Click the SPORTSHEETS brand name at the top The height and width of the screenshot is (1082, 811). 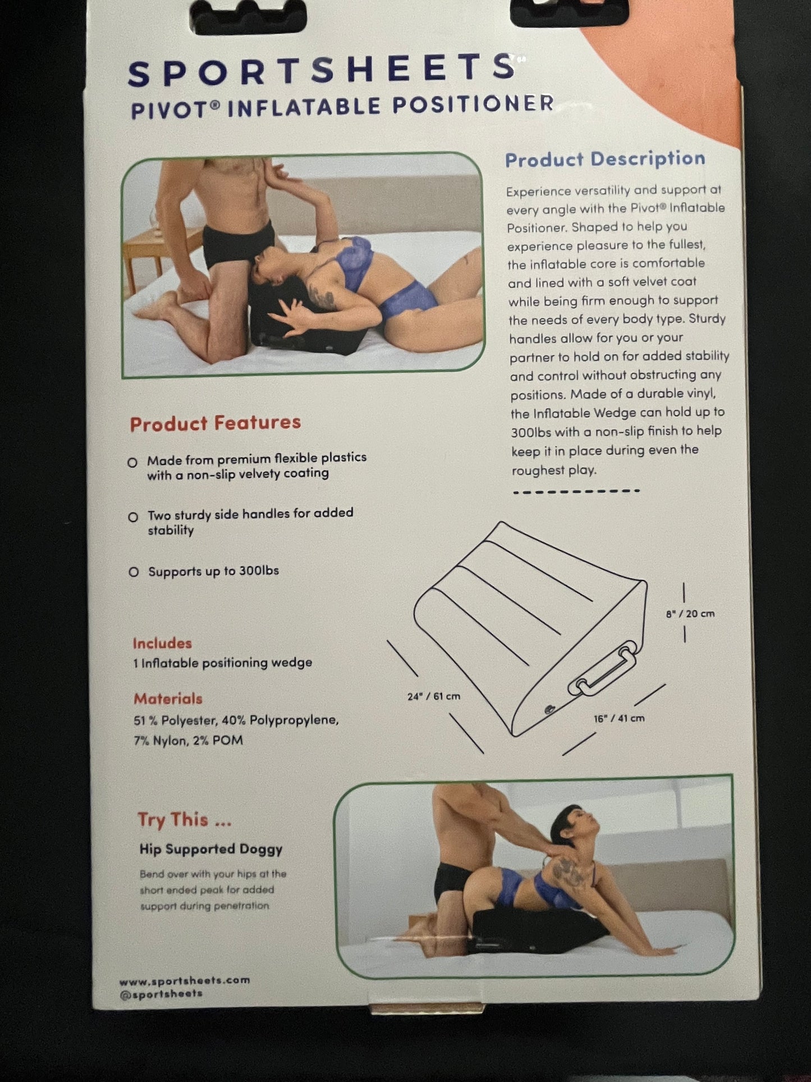click(x=322, y=70)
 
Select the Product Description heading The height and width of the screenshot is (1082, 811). click(x=605, y=159)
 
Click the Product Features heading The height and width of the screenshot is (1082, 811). click(x=216, y=423)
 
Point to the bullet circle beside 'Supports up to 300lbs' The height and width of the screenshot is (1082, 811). click(x=134, y=572)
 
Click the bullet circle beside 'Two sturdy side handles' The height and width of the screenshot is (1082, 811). click(x=133, y=517)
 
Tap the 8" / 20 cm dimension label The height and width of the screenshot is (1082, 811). click(x=690, y=614)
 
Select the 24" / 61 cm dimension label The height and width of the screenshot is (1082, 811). click(x=434, y=696)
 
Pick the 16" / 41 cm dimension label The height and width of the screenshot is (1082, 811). click(x=619, y=718)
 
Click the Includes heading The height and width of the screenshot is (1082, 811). click(x=162, y=643)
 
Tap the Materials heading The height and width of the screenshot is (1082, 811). click(x=168, y=699)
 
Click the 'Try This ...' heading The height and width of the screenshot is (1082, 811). click(x=185, y=820)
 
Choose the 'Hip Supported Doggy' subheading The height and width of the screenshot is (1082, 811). click(x=211, y=849)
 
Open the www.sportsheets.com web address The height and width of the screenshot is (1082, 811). click(x=185, y=980)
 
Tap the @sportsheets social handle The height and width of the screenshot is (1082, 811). click(x=161, y=993)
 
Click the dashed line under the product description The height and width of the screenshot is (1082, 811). click(x=576, y=491)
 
